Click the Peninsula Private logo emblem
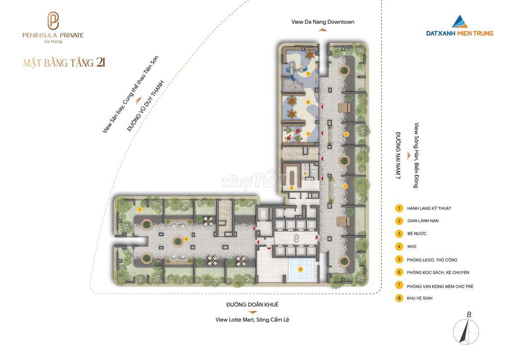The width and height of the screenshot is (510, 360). pyautogui.click(x=53, y=21)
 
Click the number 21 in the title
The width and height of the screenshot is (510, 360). pyautogui.click(x=101, y=62)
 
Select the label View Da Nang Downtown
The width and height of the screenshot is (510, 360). pyautogui.click(x=323, y=22)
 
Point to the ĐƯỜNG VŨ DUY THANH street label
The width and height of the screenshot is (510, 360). pyautogui.click(x=146, y=106)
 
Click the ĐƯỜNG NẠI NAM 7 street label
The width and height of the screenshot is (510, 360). pyautogui.click(x=398, y=155)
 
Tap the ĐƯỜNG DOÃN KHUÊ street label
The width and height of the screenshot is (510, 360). pyautogui.click(x=253, y=304)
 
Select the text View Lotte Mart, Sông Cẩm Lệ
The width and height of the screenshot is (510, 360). pyautogui.click(x=252, y=320)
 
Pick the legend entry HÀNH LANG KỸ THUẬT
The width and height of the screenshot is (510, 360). pyautogui.click(x=429, y=208)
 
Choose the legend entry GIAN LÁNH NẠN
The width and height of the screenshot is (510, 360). pyautogui.click(x=423, y=221)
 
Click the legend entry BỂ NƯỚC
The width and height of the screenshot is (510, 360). pyautogui.click(x=417, y=234)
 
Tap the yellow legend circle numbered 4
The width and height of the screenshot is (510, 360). pyautogui.click(x=399, y=246)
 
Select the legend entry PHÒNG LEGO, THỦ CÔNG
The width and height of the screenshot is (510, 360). pyautogui.click(x=432, y=260)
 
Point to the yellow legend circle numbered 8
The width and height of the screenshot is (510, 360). pyautogui.click(x=399, y=298)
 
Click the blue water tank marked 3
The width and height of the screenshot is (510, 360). pyautogui.click(x=300, y=269)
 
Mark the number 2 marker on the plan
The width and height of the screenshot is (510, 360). pyautogui.click(x=186, y=239)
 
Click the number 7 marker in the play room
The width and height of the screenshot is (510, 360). pyautogui.click(x=308, y=74)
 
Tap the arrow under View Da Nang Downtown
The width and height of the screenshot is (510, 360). pyautogui.click(x=322, y=29)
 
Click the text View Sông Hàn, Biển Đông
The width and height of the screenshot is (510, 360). pyautogui.click(x=416, y=155)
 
